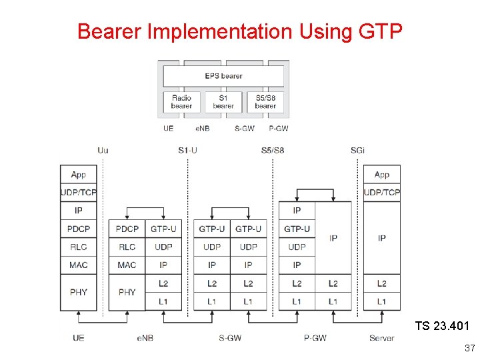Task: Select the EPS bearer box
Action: [223, 76]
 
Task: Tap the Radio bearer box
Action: [181, 102]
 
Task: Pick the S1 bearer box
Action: [223, 102]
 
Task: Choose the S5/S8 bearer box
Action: [265, 102]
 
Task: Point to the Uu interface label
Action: [103, 150]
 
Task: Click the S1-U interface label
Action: [188, 150]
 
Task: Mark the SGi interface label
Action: [358, 150]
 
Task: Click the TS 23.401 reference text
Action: [442, 326]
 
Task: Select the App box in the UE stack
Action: [79, 175]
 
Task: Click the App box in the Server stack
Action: [382, 175]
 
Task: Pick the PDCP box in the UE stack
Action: [79, 229]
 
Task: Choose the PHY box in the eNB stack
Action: [127, 292]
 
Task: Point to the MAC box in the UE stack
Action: [79, 265]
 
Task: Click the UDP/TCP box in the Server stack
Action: [382, 193]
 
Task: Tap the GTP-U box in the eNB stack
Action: [163, 229]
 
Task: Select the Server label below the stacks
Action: [382, 338]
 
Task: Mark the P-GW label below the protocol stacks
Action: [315, 338]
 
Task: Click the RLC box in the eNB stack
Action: [127, 247]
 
